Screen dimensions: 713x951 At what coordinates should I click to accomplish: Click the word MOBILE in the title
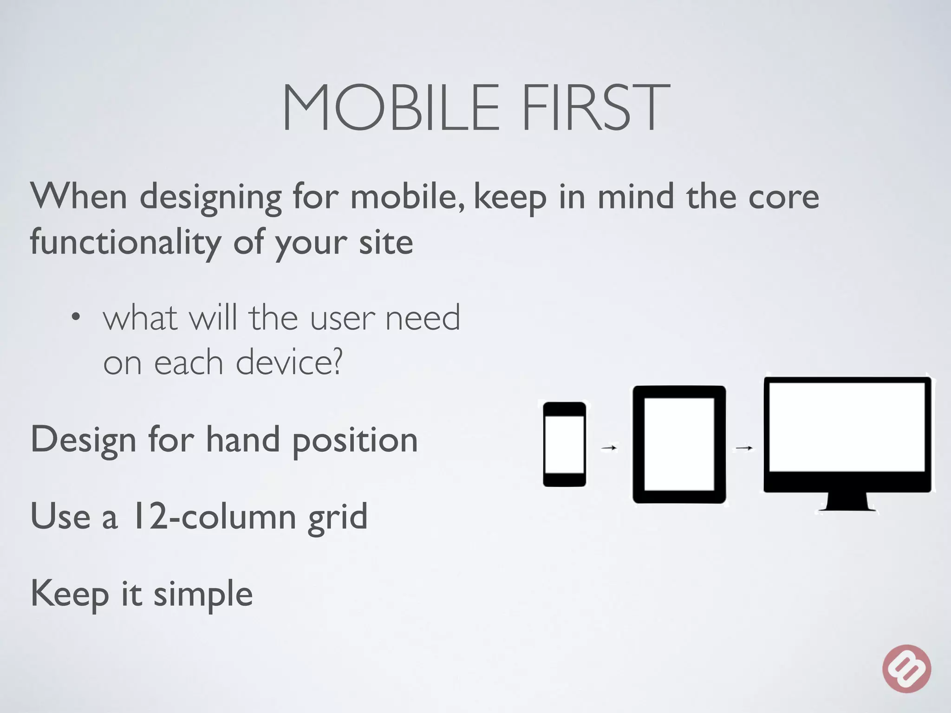[x=391, y=108]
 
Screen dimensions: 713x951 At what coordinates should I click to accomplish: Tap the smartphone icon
[x=564, y=445]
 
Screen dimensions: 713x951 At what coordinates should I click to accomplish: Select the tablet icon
[x=679, y=444]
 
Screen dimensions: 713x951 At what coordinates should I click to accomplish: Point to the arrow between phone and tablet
[x=609, y=448]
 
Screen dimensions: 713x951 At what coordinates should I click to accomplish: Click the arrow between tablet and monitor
[x=744, y=448]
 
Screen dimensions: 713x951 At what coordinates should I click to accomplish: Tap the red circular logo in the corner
[x=906, y=668]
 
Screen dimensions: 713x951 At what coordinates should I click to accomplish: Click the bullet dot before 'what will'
[x=76, y=318]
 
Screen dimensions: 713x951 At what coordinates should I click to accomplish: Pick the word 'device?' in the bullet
[x=289, y=363]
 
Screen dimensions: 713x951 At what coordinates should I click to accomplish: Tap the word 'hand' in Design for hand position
[x=243, y=440]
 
